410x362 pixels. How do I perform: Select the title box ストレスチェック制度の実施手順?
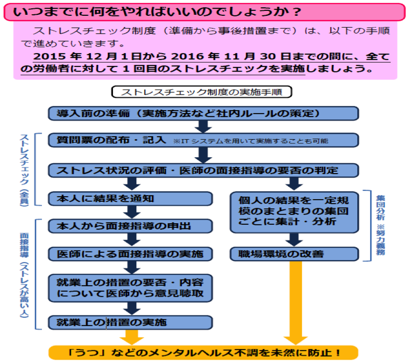(201, 92)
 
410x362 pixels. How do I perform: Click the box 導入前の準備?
(203, 113)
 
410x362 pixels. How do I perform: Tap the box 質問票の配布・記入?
(112, 140)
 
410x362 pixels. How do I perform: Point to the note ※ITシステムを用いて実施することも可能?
(250, 140)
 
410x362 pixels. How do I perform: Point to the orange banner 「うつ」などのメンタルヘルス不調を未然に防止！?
(203, 353)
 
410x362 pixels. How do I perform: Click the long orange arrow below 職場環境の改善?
(293, 302)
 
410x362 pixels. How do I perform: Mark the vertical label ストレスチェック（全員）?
(24, 169)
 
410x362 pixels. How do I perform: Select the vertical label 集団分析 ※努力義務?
(379, 225)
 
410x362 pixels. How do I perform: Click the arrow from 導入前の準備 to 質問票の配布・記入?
(202, 126)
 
